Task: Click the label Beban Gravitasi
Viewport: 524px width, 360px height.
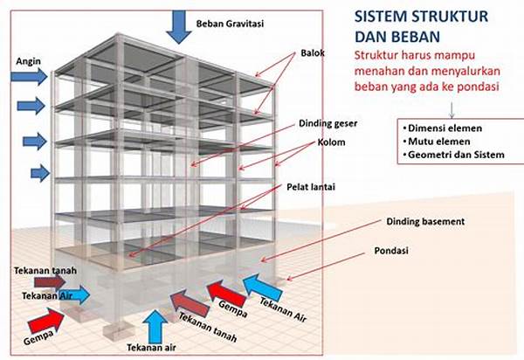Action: pyautogui.click(x=231, y=23)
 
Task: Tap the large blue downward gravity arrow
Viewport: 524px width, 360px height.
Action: pyautogui.click(x=180, y=25)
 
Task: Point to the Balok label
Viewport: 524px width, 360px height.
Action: pyautogui.click(x=312, y=52)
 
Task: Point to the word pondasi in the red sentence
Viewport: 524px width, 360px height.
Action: pyautogui.click(x=493, y=87)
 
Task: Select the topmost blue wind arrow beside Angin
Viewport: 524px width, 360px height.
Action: pyautogui.click(x=28, y=82)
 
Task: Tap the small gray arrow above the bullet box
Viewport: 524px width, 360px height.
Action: pyautogui.click(x=452, y=108)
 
